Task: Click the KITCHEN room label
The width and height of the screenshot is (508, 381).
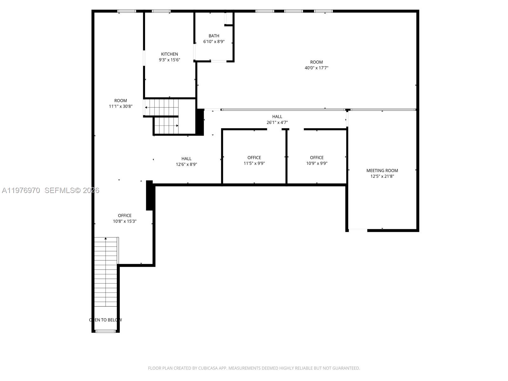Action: click(x=169, y=54)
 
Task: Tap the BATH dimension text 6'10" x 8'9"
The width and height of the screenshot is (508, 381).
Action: click(x=214, y=42)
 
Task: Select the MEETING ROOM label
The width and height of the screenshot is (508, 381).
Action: click(x=382, y=170)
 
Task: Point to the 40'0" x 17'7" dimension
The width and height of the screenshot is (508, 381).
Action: click(x=316, y=68)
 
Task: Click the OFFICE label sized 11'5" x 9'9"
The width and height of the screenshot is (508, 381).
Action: click(x=254, y=157)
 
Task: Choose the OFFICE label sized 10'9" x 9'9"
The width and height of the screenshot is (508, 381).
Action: click(x=317, y=157)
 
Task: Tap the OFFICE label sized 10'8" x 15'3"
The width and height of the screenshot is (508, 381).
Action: click(x=124, y=216)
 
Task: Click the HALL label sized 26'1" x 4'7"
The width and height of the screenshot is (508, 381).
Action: click(x=277, y=117)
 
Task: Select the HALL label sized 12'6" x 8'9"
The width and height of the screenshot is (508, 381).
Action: click(x=186, y=159)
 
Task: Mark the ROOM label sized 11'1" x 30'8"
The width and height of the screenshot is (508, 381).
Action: click(x=120, y=101)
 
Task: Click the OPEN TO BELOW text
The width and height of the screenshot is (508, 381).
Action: click(x=105, y=320)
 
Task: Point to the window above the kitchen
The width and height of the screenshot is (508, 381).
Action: click(x=161, y=11)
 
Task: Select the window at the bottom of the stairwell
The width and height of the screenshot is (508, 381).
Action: click(x=105, y=331)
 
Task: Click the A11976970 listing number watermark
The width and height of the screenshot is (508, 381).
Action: click(x=21, y=190)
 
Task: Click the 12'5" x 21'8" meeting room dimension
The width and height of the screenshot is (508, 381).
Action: click(x=382, y=176)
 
